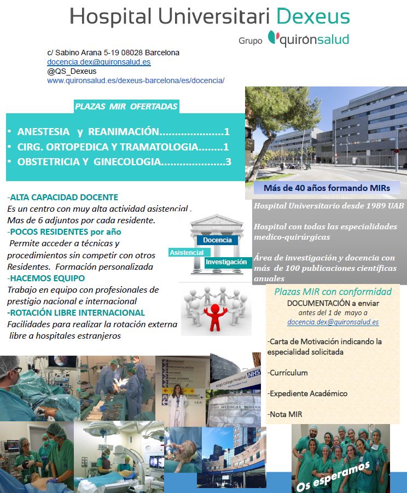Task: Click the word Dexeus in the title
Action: (x=313, y=16)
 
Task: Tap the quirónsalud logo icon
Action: (x=273, y=38)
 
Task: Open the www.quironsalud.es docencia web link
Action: (x=136, y=80)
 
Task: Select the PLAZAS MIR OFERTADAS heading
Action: (x=126, y=107)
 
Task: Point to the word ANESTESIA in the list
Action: (x=43, y=132)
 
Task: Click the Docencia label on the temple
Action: (x=217, y=240)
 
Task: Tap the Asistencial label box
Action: (x=187, y=253)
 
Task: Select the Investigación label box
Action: (x=226, y=262)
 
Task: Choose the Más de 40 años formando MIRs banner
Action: (x=327, y=188)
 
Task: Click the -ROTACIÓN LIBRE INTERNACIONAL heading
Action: (x=76, y=313)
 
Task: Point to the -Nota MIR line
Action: (x=286, y=414)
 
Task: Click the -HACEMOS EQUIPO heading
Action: (x=43, y=279)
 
